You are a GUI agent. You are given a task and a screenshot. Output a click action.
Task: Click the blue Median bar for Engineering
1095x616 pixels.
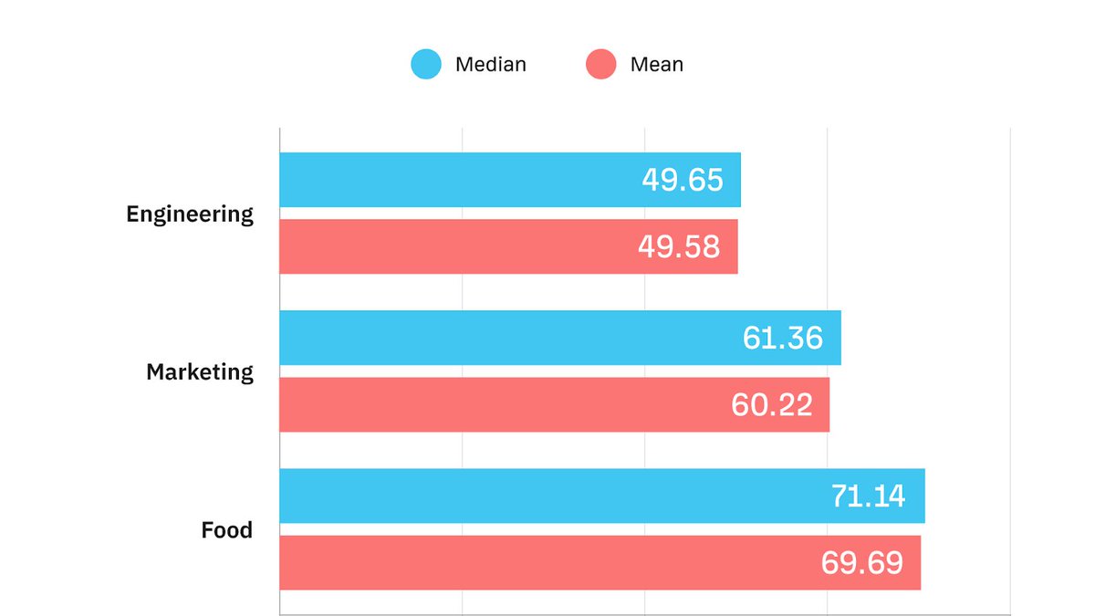point(456,180)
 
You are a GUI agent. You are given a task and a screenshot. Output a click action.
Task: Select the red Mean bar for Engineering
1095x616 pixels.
point(456,246)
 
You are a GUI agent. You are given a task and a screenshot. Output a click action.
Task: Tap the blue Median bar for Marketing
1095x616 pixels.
point(502,338)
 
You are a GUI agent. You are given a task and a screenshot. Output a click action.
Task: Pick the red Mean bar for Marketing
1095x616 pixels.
point(502,404)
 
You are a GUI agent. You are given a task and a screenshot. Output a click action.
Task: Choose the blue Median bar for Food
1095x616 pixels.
point(547,496)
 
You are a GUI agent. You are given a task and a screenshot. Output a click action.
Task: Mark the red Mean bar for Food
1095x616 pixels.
point(547,562)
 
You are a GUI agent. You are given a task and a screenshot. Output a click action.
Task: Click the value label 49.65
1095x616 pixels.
point(683,180)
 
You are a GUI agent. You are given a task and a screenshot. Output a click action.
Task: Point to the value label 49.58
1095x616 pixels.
point(680,246)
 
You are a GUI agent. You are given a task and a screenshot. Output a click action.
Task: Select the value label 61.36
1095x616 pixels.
point(783,338)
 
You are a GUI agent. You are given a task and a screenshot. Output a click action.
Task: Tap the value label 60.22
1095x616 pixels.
point(772,404)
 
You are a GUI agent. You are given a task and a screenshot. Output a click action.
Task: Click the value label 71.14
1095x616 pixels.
point(868,496)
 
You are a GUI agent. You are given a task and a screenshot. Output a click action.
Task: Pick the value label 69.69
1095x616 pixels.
point(862,562)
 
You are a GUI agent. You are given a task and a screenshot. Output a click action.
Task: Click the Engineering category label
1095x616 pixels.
point(190,214)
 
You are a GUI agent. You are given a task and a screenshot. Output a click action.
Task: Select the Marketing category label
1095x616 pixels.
point(200,372)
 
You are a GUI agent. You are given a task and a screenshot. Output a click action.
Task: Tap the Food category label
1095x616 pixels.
point(227,530)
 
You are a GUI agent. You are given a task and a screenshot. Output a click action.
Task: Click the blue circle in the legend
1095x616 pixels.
point(426,64)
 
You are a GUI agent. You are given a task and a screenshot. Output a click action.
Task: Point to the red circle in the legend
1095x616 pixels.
point(601,64)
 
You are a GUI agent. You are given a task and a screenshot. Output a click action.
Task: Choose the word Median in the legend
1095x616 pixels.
point(491,65)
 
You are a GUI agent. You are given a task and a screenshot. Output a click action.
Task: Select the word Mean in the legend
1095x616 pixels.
point(656,65)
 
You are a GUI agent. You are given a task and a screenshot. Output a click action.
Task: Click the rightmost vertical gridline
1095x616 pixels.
point(1010,365)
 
